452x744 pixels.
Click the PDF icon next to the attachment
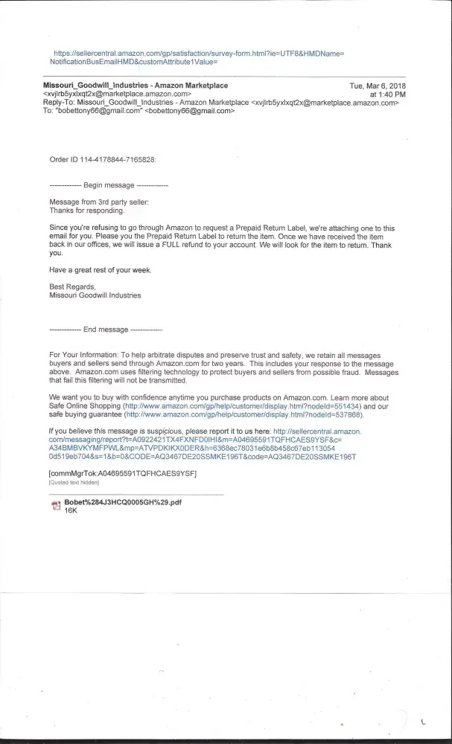coord(54,506)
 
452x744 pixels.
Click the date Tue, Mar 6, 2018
coord(378,86)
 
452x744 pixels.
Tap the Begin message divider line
coord(109,185)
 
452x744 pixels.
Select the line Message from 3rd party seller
coord(99,202)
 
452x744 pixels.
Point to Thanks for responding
coord(84,211)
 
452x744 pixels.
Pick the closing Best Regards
coord(72,286)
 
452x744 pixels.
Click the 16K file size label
coord(71,511)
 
